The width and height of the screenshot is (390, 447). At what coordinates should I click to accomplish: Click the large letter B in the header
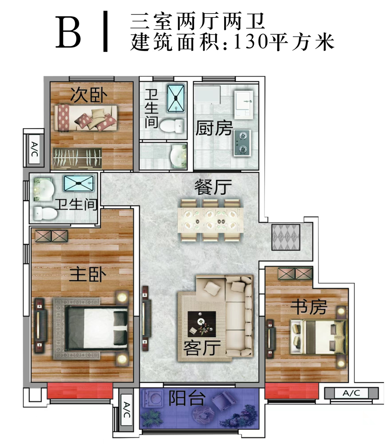pos(68,32)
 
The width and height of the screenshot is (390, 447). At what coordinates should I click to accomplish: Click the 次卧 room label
pos(89,95)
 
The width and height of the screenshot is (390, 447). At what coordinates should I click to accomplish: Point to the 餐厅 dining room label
pos(213,187)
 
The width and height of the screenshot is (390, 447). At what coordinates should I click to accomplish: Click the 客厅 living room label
pos(202,348)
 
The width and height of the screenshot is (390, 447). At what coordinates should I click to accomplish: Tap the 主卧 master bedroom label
pos(87,274)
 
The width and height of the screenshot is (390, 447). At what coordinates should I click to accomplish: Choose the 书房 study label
pos(308,307)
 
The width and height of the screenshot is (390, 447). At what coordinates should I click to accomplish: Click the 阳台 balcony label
pos(187,398)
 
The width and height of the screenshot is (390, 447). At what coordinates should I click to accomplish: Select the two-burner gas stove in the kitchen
pos(243,143)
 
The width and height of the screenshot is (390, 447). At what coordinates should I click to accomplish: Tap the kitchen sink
pos(243,105)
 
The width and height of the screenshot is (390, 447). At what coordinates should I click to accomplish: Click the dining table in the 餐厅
pos(210,220)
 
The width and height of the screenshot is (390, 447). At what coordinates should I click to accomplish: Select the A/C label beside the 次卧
pos(34,150)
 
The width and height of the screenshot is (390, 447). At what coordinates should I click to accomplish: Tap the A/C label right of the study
pos(351,393)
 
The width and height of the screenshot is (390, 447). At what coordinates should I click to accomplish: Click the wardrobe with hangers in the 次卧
pos(77,158)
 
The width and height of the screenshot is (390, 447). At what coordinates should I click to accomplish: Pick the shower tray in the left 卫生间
pos(79,183)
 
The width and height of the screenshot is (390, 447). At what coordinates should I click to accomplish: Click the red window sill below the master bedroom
pos(80,391)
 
